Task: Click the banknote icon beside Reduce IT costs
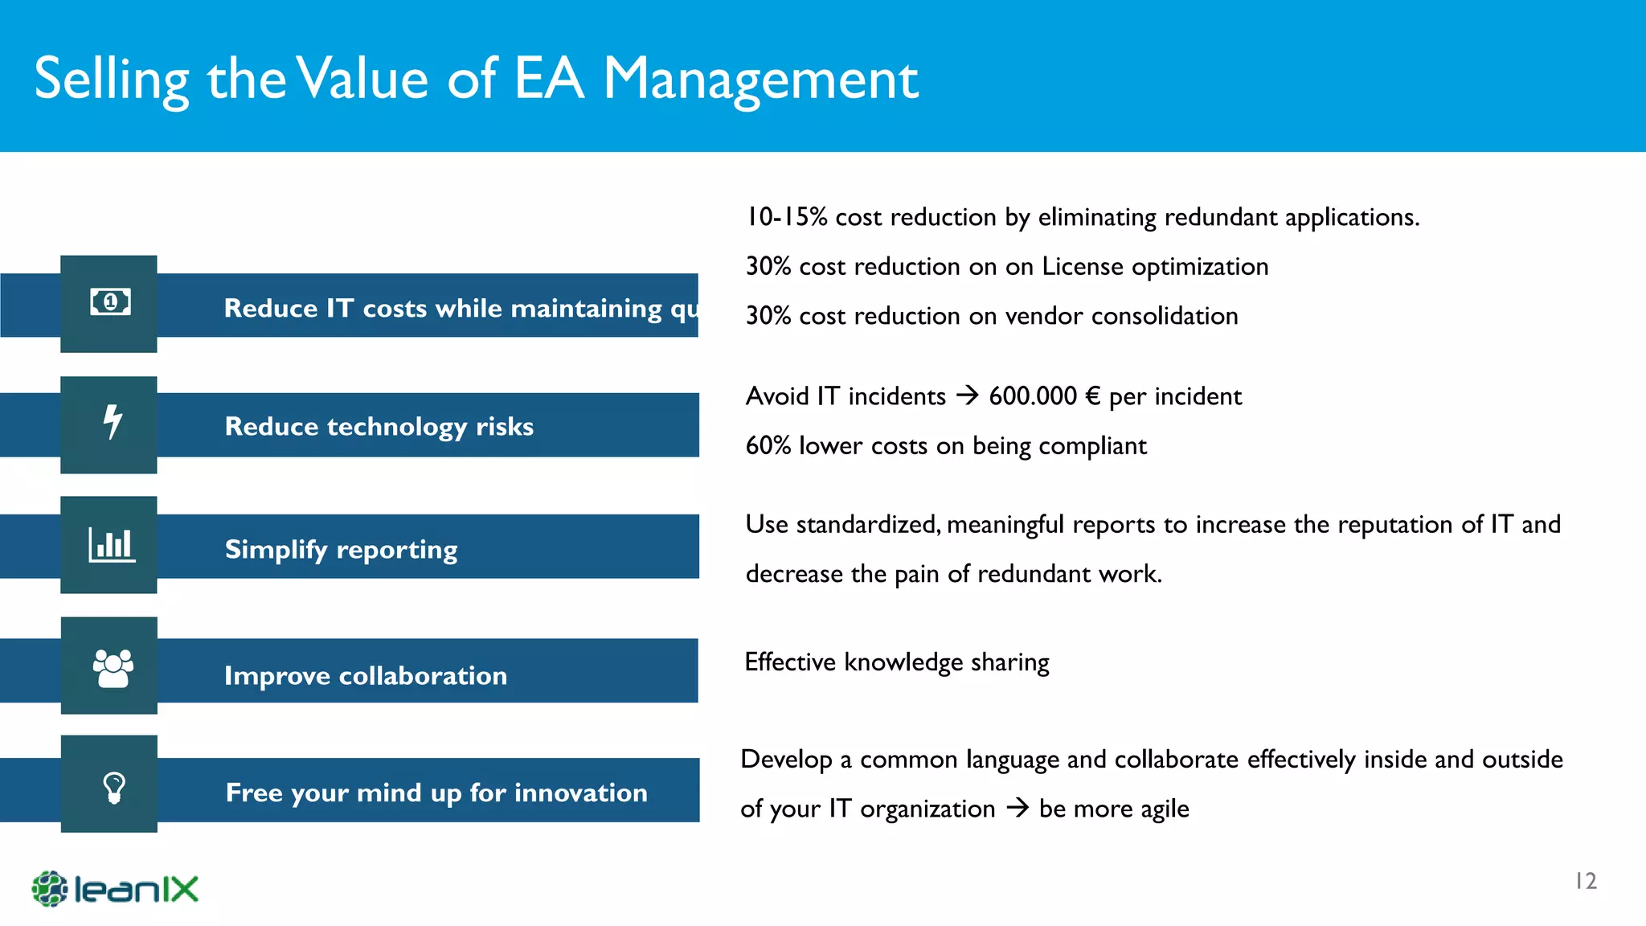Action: tap(110, 302)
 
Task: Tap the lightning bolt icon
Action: tap(113, 422)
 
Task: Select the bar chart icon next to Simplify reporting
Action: tap(112, 545)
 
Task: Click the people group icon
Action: tap(113, 668)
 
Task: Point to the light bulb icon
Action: tap(114, 788)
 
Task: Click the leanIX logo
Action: tap(115, 889)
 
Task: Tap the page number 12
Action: tap(1585, 882)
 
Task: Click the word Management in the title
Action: tap(760, 80)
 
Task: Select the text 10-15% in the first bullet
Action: tap(786, 217)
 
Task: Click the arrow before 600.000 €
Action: tap(967, 395)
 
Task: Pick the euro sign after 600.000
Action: tap(1092, 396)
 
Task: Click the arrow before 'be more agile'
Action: tap(1017, 808)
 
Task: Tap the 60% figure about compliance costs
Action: tap(768, 446)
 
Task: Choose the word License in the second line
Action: tap(1082, 266)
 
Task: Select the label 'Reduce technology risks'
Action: tap(379, 426)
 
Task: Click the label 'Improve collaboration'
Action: tap(366, 675)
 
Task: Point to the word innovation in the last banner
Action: tap(580, 793)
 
